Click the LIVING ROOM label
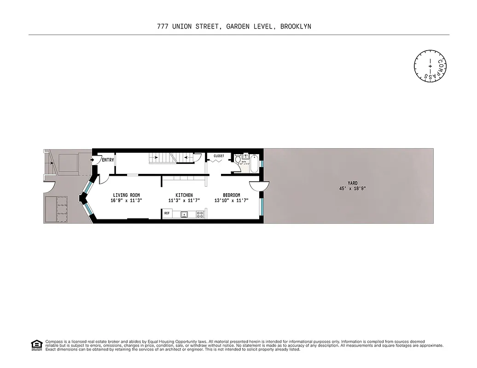point(126,195)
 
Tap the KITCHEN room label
point(184,195)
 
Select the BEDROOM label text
point(231,195)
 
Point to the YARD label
point(352,183)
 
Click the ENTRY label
point(108,160)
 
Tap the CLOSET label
point(219,156)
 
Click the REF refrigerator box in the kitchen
point(167,213)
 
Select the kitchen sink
point(184,214)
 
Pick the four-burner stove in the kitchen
point(200,214)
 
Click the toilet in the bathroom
point(238,160)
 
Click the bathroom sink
point(245,156)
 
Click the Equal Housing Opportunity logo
point(35,345)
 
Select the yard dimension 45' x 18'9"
point(352,188)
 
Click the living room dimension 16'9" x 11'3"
point(126,201)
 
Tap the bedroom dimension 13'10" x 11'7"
point(231,201)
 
